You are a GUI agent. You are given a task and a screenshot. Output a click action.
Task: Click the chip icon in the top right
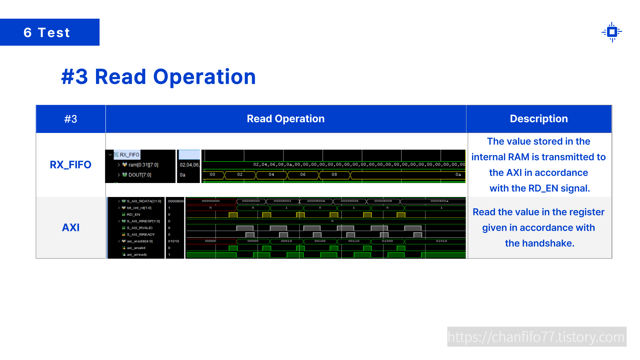coord(612,32)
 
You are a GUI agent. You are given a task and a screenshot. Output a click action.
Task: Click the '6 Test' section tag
coord(47,32)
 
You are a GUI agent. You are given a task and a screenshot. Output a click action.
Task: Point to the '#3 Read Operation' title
coord(158,77)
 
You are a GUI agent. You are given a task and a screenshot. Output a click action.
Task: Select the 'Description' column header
coord(539,119)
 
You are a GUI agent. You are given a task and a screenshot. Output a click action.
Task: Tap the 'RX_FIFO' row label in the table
coord(70,165)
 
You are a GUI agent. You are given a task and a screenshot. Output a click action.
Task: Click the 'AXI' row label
coord(71,227)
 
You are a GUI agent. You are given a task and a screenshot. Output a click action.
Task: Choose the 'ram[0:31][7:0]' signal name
coord(143,165)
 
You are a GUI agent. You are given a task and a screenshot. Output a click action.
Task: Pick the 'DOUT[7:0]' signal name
coord(140,175)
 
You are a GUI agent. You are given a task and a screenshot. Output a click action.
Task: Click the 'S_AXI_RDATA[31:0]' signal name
coord(144,201)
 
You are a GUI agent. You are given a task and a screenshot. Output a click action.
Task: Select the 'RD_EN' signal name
coord(133,214)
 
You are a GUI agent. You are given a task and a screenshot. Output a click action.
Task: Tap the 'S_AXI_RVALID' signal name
coord(139,228)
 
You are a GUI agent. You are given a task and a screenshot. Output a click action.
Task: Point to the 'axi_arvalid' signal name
coord(136,248)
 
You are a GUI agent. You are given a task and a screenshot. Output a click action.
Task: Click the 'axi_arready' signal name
coord(137,254)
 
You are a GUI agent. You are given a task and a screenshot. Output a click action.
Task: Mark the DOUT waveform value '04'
coord(271,174)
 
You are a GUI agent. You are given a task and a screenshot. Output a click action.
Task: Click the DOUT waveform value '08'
coord(334,174)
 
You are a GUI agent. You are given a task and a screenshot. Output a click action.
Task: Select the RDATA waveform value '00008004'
coord(316,201)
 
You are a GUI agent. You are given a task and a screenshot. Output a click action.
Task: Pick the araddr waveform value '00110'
coord(354,241)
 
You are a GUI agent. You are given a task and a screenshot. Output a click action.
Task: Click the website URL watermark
coord(536,337)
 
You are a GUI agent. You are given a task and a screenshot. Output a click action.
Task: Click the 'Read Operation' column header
coord(286,119)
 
